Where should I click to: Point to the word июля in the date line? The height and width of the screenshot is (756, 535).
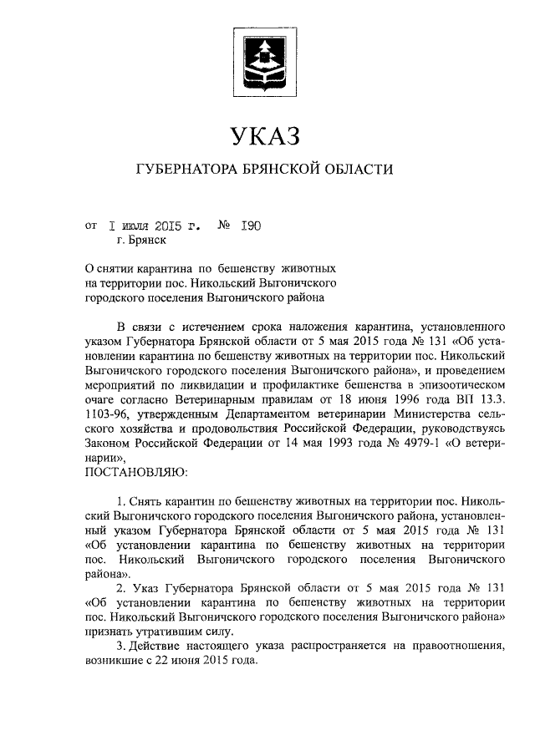[x=135, y=225]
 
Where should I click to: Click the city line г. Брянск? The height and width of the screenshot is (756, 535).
[x=142, y=241]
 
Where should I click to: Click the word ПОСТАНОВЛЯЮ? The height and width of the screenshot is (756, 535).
[x=138, y=472]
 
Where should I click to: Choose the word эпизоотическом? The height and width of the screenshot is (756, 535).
[x=456, y=383]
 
